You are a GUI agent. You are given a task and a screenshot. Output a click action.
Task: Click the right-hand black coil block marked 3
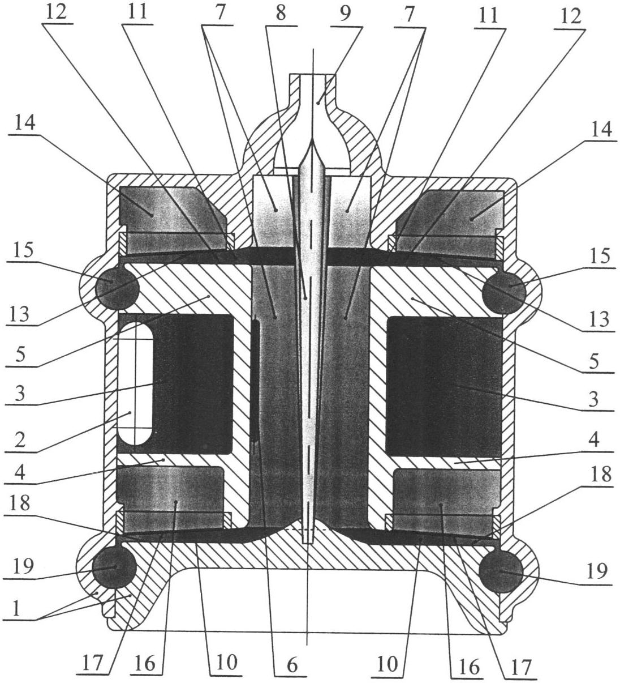[x=444, y=386]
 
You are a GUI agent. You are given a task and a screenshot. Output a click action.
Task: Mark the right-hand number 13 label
[x=600, y=319]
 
